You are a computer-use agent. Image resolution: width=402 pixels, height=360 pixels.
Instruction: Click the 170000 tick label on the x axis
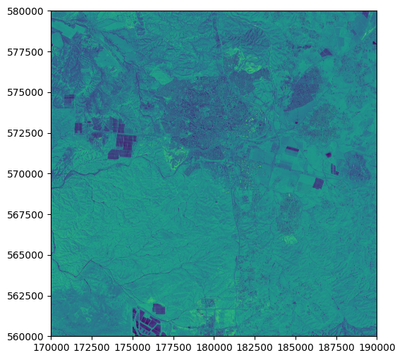(51, 347)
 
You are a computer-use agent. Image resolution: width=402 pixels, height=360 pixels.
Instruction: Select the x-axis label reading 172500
(92, 347)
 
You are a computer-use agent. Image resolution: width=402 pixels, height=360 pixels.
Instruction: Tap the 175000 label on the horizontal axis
(133, 347)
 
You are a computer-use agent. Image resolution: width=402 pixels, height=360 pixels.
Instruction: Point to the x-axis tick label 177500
(173, 347)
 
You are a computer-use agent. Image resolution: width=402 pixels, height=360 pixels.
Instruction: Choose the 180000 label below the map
(214, 347)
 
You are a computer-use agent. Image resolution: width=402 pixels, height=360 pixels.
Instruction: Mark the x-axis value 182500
(255, 347)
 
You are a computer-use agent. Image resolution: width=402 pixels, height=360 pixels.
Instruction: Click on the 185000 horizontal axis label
(295, 347)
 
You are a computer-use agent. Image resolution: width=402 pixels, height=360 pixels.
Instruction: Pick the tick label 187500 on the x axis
(336, 347)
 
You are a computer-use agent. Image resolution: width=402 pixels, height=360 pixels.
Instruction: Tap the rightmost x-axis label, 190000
(376, 347)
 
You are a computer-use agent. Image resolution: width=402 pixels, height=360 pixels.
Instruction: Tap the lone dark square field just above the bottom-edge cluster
(159, 309)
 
